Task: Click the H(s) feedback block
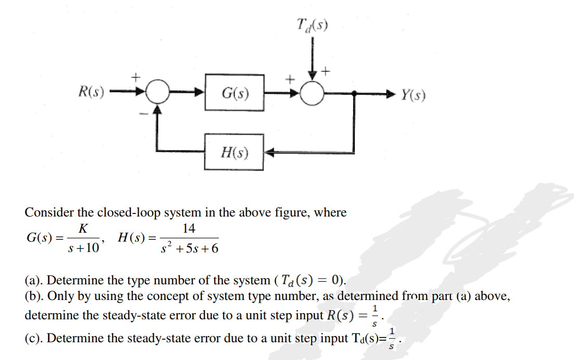(234, 152)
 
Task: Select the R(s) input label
(91, 93)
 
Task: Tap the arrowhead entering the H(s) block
(270, 152)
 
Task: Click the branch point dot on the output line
(355, 94)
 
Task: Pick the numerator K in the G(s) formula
(82, 229)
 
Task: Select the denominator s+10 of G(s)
(83, 248)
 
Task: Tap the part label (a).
(34, 280)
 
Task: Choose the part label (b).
(34, 296)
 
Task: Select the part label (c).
(34, 338)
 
